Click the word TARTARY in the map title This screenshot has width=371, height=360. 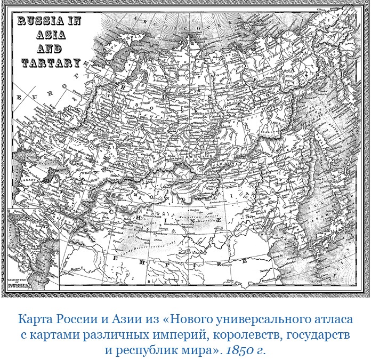[51, 62]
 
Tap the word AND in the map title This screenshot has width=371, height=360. [51, 49]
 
